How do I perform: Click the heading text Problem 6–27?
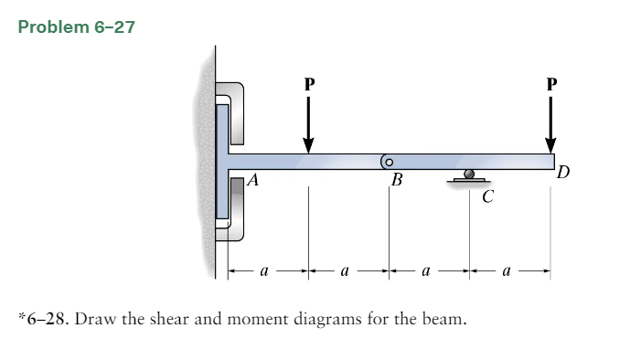tap(76, 26)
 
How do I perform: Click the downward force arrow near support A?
tap(308, 123)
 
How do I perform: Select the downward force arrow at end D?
tap(550, 123)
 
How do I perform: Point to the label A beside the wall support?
tap(254, 181)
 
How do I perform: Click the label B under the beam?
tap(396, 180)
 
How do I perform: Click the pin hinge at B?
tap(388, 161)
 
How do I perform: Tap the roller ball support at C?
tap(469, 173)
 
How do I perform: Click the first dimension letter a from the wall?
tap(264, 271)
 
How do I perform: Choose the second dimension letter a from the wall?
tap(345, 271)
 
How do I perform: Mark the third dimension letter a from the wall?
tap(427, 271)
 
